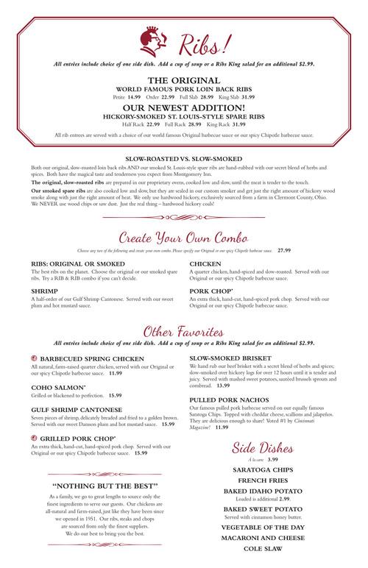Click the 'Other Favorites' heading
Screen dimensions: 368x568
[184, 329]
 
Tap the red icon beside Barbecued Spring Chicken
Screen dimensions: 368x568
[25, 358]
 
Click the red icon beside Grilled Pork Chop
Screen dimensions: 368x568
[25, 438]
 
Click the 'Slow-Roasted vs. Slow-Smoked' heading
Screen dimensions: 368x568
[184, 158]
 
